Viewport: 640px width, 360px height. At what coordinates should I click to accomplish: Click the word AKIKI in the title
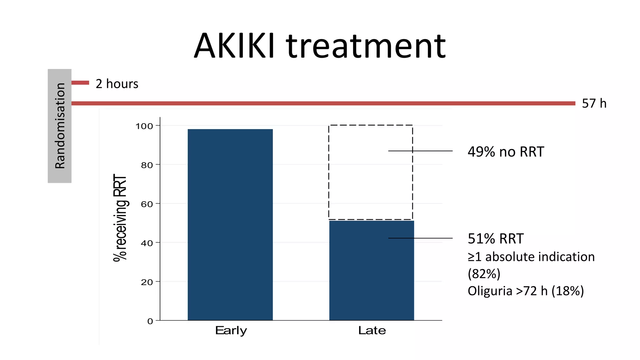(x=234, y=46)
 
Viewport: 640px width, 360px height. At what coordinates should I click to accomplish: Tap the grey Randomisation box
(x=59, y=126)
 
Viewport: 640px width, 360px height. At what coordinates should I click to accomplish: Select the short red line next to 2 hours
(x=80, y=83)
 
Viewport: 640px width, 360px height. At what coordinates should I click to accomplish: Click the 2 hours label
(x=117, y=84)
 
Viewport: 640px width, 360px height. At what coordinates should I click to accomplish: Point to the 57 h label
(x=594, y=103)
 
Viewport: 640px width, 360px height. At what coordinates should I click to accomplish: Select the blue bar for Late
(x=371, y=270)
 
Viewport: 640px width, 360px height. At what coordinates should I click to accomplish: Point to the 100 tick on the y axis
(x=144, y=126)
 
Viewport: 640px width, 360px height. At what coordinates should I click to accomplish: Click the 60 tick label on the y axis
(x=147, y=204)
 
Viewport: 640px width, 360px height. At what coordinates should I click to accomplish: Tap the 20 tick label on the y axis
(x=147, y=282)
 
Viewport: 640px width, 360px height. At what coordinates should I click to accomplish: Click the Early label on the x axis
(x=231, y=330)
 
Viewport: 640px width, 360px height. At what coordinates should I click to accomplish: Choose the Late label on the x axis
(x=372, y=330)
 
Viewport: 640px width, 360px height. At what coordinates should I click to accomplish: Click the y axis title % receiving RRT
(x=120, y=218)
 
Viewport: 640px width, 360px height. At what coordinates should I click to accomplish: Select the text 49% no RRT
(x=506, y=152)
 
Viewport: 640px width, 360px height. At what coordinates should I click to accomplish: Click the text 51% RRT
(x=495, y=239)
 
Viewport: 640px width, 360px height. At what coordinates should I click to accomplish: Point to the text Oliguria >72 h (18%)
(x=526, y=291)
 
